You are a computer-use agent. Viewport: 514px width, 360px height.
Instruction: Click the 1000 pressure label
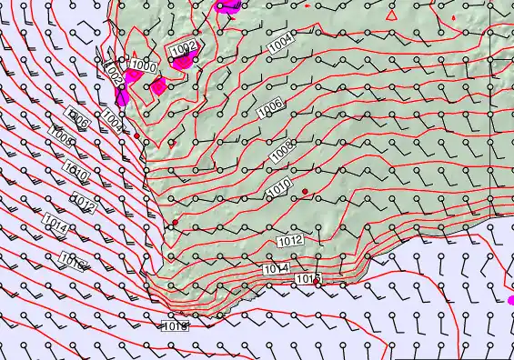142,65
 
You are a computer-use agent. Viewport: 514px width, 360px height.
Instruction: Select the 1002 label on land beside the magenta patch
185,46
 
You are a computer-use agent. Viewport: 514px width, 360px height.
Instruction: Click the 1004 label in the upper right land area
280,41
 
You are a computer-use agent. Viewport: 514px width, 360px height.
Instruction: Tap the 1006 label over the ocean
80,120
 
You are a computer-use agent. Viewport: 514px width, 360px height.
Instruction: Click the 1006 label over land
270,107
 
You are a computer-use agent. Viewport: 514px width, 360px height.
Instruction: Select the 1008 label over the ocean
62,138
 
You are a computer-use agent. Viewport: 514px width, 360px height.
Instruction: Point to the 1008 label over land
283,148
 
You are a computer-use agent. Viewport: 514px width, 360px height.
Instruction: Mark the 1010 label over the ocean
76,170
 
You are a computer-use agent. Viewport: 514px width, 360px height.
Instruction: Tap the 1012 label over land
290,241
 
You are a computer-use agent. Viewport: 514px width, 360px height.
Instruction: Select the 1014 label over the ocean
54,223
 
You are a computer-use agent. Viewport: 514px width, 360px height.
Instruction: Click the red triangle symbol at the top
391,15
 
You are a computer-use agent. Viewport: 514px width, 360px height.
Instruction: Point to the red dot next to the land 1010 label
306,191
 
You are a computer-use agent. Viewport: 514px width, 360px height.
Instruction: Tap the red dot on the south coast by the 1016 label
317,284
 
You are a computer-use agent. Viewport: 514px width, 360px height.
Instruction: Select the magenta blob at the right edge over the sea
509,299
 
